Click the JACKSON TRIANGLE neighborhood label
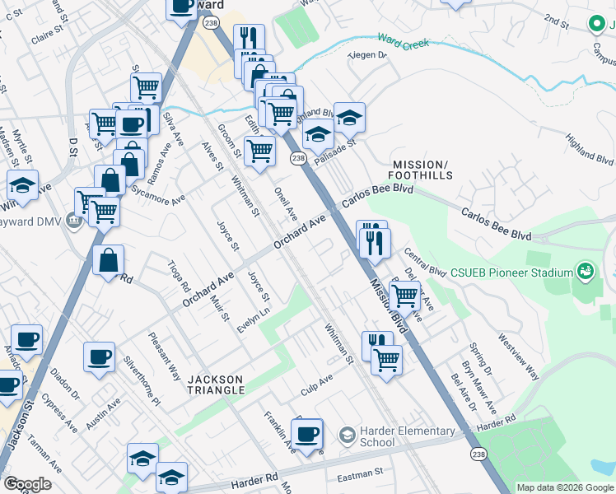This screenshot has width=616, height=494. click(x=215, y=385)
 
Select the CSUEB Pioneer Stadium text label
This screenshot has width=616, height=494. click(x=516, y=273)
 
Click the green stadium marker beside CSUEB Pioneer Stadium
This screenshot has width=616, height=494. click(x=586, y=270)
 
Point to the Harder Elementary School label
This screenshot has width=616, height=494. click(x=408, y=436)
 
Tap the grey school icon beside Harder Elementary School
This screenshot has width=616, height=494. click(x=348, y=433)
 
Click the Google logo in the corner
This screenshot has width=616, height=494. click(x=27, y=484)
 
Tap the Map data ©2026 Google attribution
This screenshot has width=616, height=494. click(x=564, y=487)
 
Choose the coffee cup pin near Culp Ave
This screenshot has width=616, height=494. click(x=307, y=433)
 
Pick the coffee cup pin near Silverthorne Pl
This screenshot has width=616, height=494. click(x=100, y=357)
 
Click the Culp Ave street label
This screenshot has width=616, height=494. click(x=316, y=384)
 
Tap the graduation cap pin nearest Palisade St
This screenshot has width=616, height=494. click(x=319, y=133)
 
